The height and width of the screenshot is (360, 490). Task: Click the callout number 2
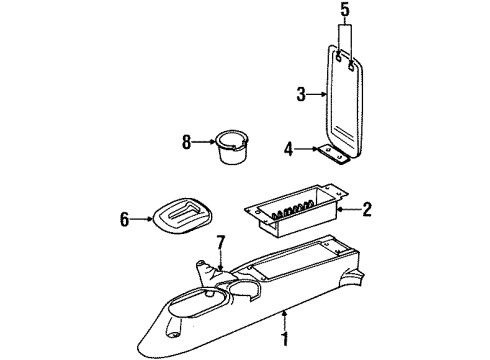pos(368,209)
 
